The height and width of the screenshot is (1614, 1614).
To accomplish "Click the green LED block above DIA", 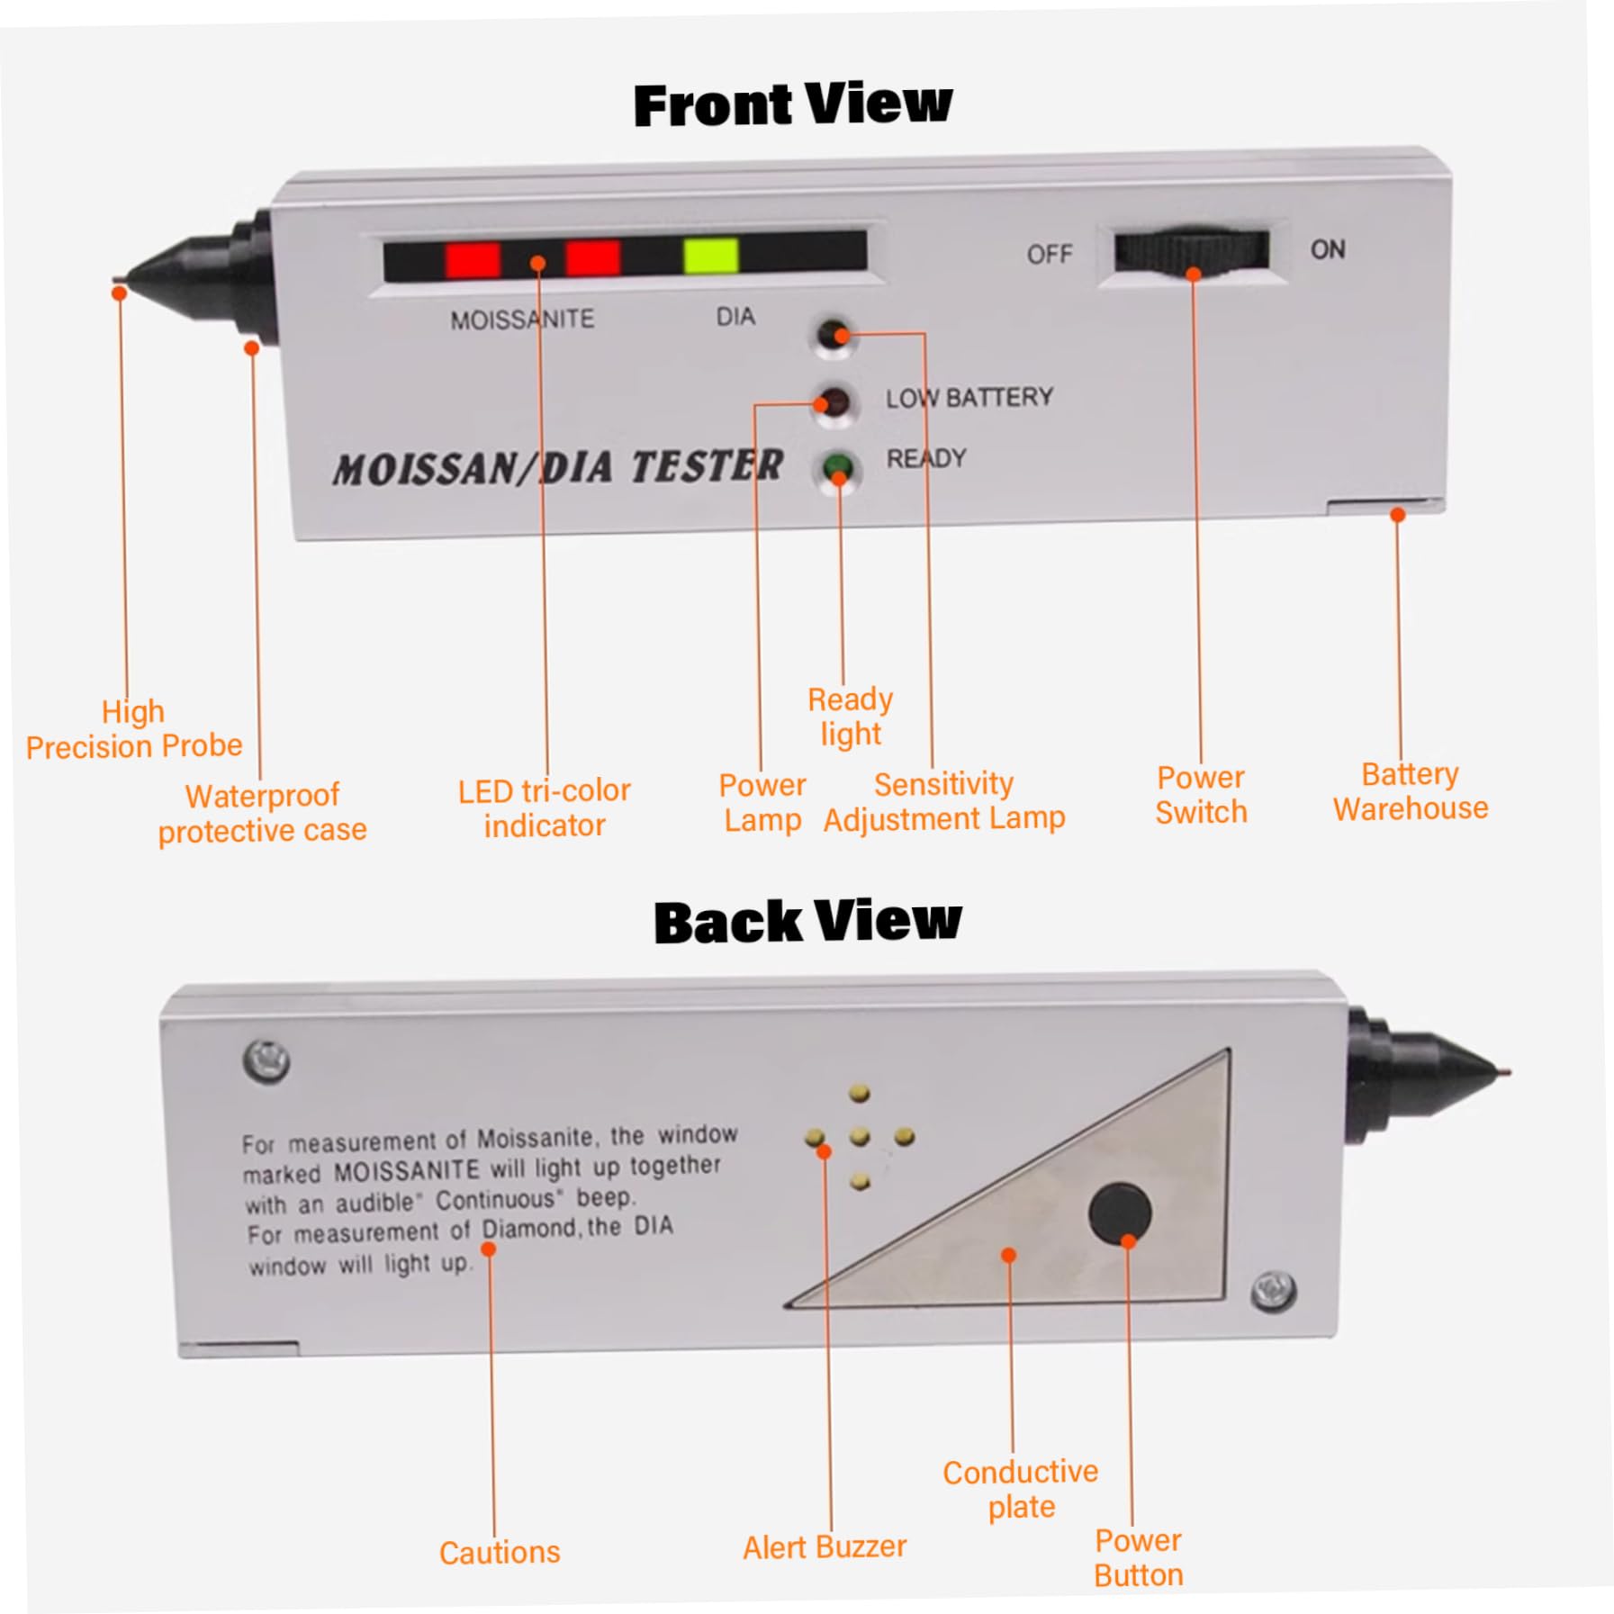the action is pos(710,256).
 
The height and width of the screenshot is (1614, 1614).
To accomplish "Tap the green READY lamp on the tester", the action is pos(837,467).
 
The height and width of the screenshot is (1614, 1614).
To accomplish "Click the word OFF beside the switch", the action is pos(1050,255).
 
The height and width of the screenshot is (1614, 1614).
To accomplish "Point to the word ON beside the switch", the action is pos(1328,249).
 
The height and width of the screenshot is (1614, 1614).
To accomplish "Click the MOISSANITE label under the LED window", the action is pos(522,320).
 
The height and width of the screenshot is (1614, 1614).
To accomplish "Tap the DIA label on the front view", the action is pos(735,317).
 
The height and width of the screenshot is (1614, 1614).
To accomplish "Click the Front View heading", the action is pos(792,104).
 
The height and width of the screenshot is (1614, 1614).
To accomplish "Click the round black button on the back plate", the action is pos(1120,1212).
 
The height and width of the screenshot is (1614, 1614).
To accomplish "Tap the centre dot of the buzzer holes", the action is pos(860,1137).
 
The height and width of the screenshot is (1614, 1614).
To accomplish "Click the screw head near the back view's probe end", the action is pos(1274,1291).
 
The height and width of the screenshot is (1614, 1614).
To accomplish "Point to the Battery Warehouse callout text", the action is pos(1411,791).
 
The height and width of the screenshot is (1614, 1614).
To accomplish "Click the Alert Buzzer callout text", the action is pos(825,1546).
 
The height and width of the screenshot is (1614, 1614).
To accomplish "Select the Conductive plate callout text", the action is pos(1021,1488).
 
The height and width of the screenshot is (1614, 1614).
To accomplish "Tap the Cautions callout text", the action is pos(500,1552).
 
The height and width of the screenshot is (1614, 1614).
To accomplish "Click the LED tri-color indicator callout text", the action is pos(545,807).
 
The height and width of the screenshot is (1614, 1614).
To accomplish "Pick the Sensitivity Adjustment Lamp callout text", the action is pos(944,801).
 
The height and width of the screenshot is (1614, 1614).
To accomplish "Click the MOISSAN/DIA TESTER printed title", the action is pos(558,468).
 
